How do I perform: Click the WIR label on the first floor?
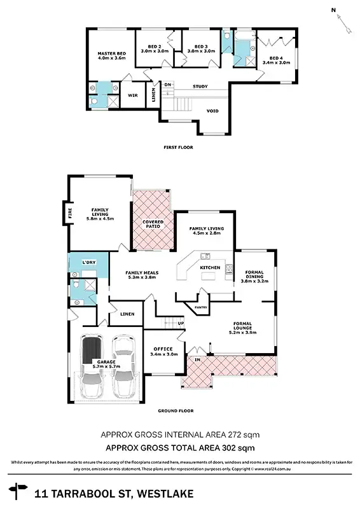[x=134, y=95]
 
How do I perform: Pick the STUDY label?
[x=201, y=86]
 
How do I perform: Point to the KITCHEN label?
[x=210, y=268]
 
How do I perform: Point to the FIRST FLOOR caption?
[x=179, y=147]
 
